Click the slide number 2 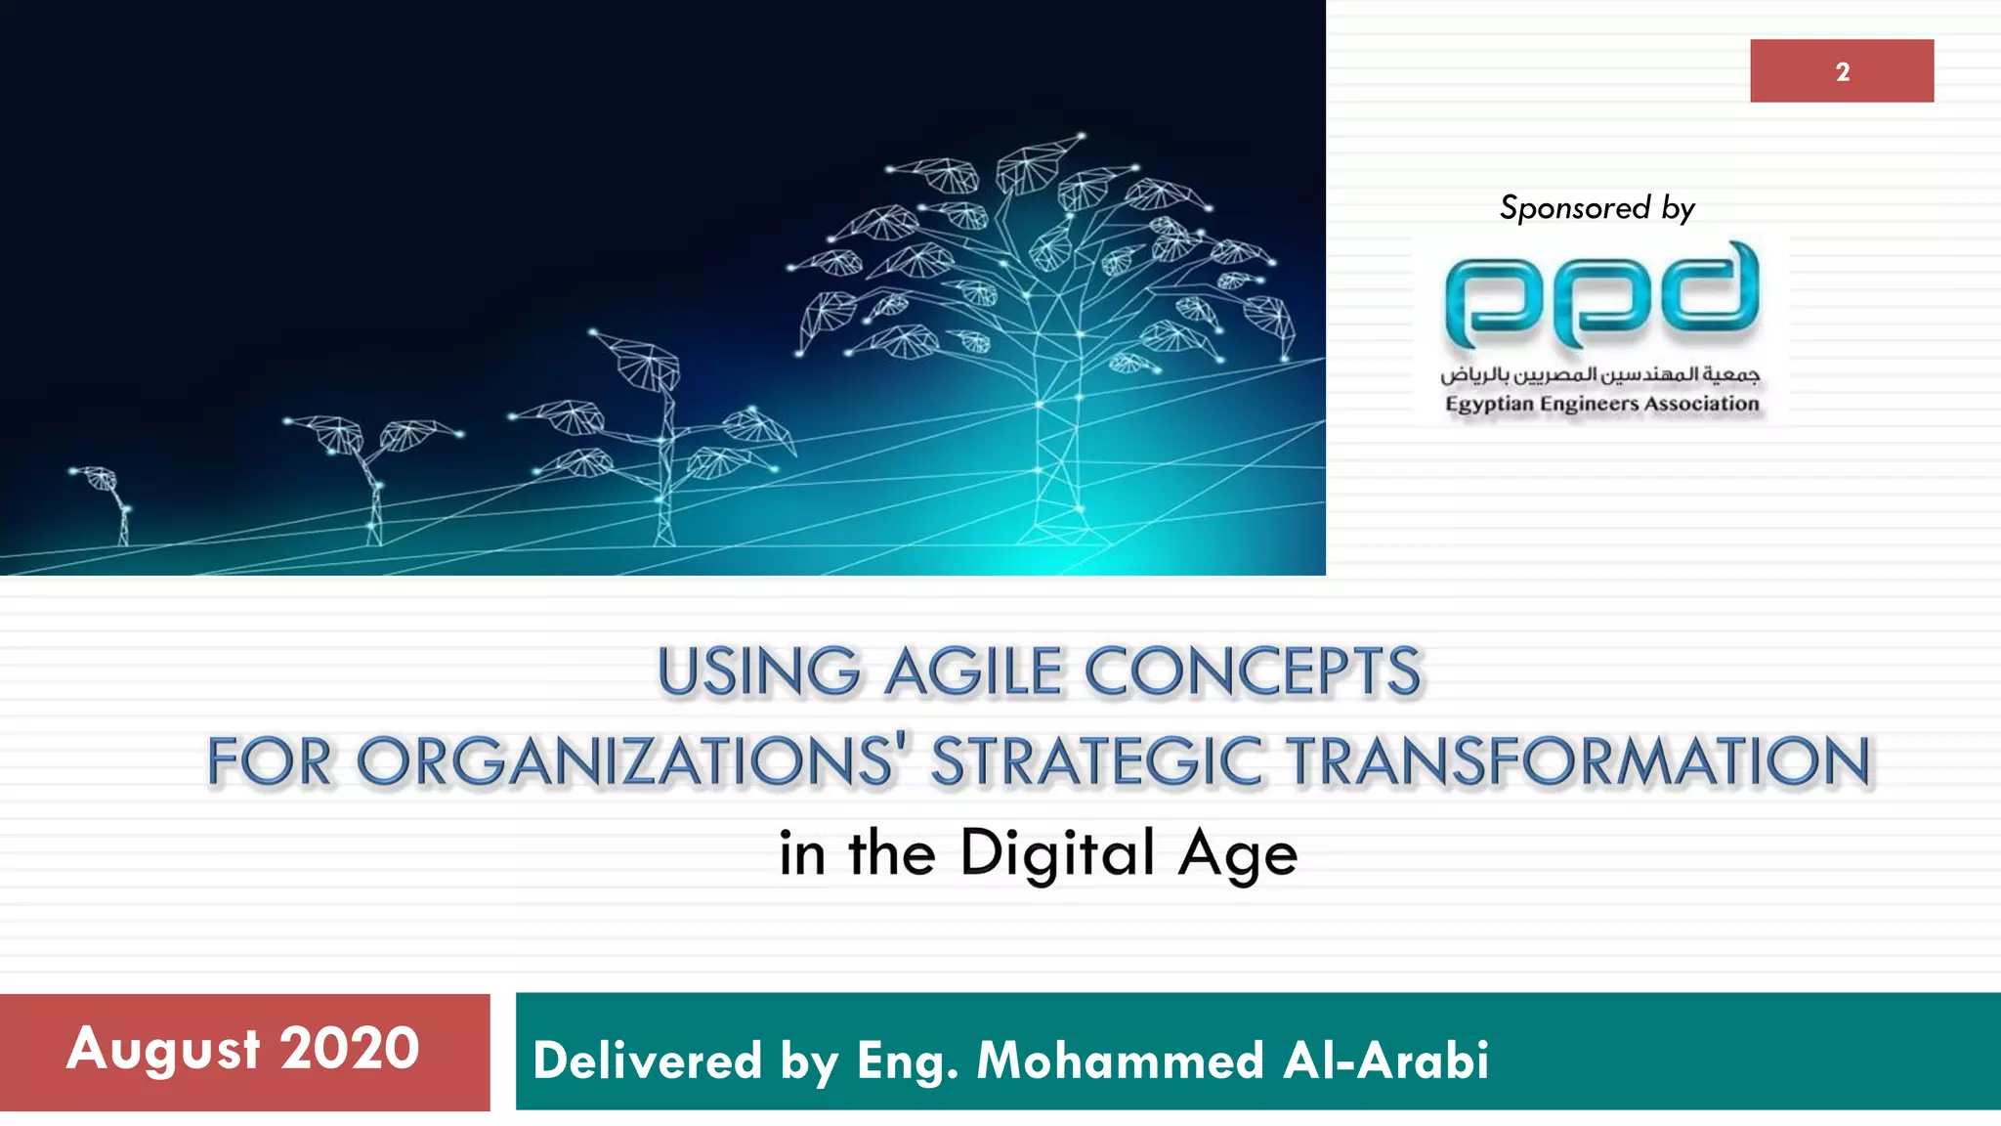pos(1842,71)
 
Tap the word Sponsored pos(1574,207)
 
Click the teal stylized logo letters pos(1601,297)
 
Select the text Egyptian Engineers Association pos(1601,404)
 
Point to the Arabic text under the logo pos(1599,374)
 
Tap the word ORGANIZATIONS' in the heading pos(626,761)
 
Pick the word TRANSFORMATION pos(1578,761)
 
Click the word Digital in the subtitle pos(1058,853)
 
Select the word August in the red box pos(163,1050)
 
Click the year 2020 pos(350,1050)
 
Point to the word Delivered pos(647,1061)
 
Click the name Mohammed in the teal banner pos(1120,1061)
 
